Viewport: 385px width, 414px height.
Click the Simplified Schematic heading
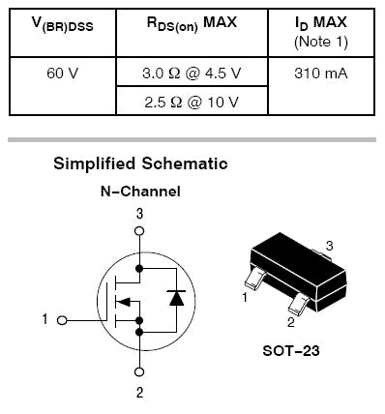click(140, 164)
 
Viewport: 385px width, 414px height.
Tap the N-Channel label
click(140, 192)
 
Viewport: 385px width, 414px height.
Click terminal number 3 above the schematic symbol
click(139, 213)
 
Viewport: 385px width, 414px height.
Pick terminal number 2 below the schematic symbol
click(139, 393)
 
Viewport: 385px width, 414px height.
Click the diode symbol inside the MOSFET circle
click(175, 299)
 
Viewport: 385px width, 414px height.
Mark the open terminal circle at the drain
click(139, 231)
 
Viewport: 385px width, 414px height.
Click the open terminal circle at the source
click(139, 371)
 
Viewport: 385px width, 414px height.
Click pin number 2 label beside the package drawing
click(289, 322)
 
